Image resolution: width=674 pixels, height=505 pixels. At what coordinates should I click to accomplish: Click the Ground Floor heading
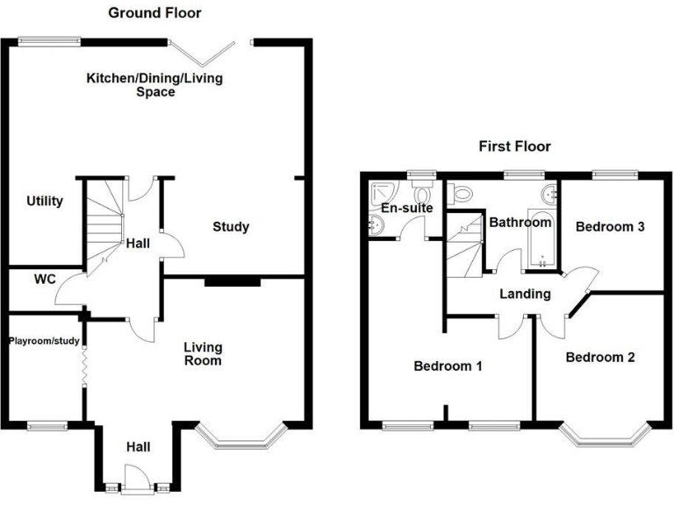(x=154, y=13)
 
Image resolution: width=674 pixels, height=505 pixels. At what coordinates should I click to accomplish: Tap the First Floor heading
(x=514, y=146)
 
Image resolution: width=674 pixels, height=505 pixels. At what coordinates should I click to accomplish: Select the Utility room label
(x=44, y=202)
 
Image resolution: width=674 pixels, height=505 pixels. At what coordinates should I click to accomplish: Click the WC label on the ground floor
(x=45, y=281)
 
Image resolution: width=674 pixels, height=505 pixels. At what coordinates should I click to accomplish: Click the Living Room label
(x=203, y=353)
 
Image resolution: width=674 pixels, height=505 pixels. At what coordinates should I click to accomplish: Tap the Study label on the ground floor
(x=232, y=227)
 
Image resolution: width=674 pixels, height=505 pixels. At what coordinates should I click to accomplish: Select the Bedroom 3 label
(x=610, y=226)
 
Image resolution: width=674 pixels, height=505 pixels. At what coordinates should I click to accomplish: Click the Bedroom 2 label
(x=599, y=358)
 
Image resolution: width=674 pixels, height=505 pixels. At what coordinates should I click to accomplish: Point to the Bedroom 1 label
(x=448, y=366)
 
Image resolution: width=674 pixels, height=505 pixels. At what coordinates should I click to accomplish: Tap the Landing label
(x=526, y=294)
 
